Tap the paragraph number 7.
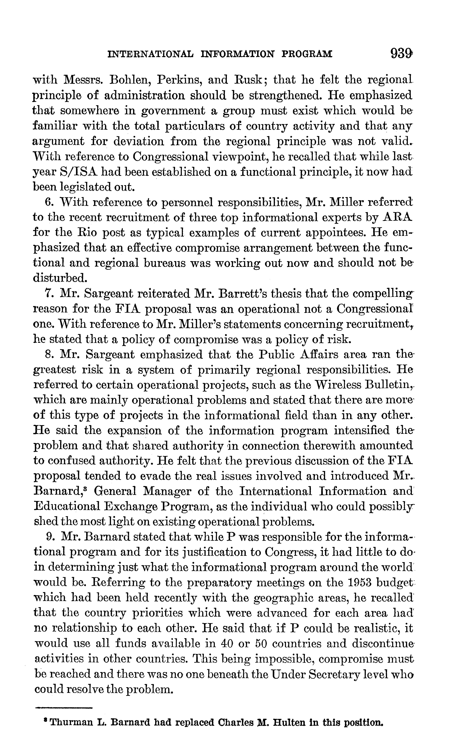(48, 294)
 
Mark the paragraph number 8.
(48, 355)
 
